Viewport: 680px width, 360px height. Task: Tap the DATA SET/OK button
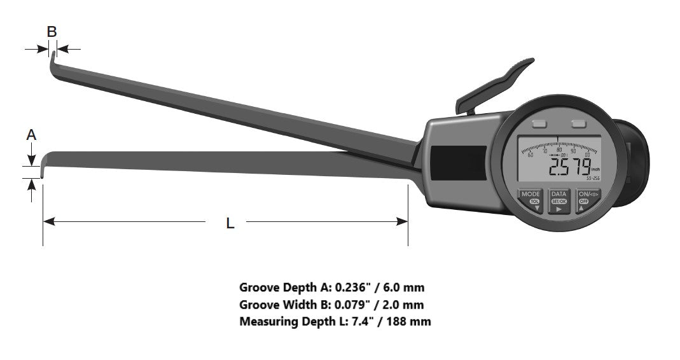click(x=559, y=201)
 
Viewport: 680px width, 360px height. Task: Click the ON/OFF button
click(x=583, y=201)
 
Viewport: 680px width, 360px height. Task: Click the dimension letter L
click(x=230, y=223)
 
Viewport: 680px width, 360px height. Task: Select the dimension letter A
click(x=31, y=135)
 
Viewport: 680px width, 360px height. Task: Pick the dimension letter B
click(x=52, y=31)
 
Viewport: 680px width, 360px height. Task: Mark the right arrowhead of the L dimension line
click(x=402, y=221)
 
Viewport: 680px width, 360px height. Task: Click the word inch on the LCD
click(x=595, y=170)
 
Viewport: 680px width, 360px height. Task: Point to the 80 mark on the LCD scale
click(x=559, y=150)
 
